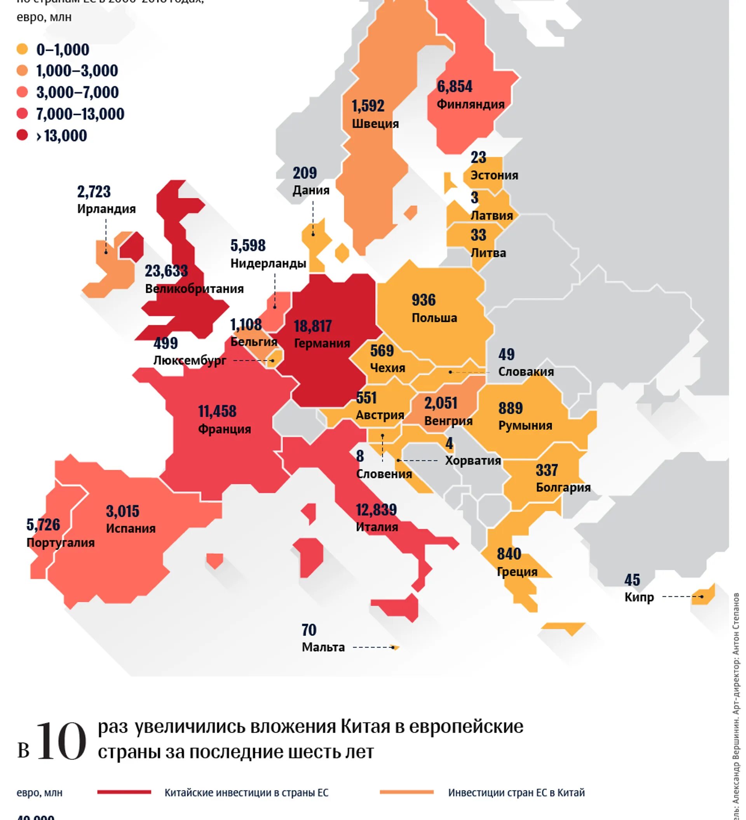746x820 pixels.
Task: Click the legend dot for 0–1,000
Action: pyautogui.click(x=22, y=49)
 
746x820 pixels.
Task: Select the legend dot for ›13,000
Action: pyautogui.click(x=22, y=135)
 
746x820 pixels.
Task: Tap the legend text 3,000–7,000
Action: pyautogui.click(x=77, y=92)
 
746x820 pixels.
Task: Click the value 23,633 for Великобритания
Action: pyautogui.click(x=166, y=271)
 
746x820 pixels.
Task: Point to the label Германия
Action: pyautogui.click(x=321, y=343)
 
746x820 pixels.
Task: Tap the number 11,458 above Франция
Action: pyautogui.click(x=217, y=411)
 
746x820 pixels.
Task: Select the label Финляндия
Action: pyautogui.click(x=470, y=104)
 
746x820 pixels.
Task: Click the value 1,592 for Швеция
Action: pyautogui.click(x=368, y=106)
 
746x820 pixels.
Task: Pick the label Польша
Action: pyautogui.click(x=434, y=318)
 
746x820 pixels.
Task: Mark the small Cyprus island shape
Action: pyautogui.click(x=703, y=596)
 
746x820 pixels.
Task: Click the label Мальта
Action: pyautogui.click(x=323, y=647)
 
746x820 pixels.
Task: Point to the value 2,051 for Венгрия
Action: pyautogui.click(x=441, y=403)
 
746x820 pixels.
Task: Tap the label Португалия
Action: pyautogui.click(x=60, y=543)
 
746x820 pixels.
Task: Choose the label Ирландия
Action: pyautogui.click(x=106, y=208)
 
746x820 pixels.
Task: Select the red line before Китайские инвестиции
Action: pyautogui.click(x=124, y=792)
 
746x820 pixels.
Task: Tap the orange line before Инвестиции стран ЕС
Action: pyautogui.click(x=406, y=792)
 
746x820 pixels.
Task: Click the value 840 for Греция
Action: pyautogui.click(x=509, y=554)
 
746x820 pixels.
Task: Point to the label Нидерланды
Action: pyautogui.click(x=268, y=264)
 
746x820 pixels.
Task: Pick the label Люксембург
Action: pyautogui.click(x=190, y=360)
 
